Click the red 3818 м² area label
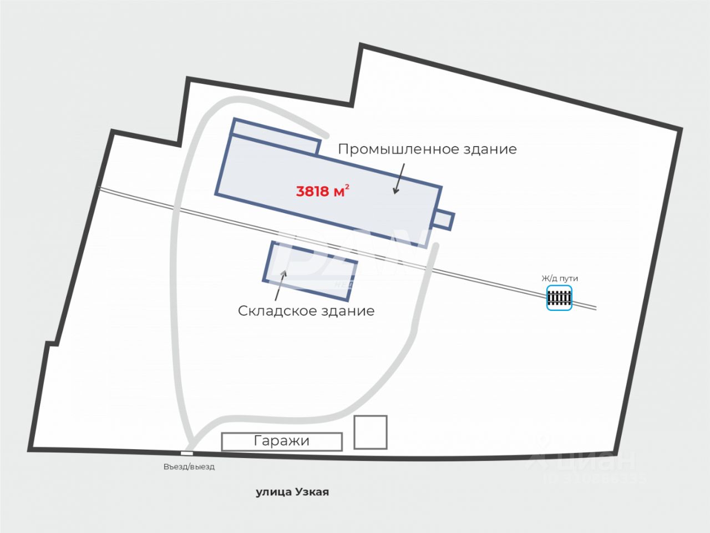coord(322,192)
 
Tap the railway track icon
coord(559,298)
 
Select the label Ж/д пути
coord(560,279)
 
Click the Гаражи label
coord(281,441)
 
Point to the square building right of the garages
coord(370,432)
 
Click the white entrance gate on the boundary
coord(187,454)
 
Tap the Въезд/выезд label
coord(189,467)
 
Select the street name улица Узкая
coord(292,492)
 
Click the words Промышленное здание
coord(427,149)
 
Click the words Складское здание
coord(306,311)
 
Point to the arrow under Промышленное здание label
coord(398,179)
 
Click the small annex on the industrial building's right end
coord(443,220)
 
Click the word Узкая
coord(312,492)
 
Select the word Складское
coord(270,311)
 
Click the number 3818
coord(313,192)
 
